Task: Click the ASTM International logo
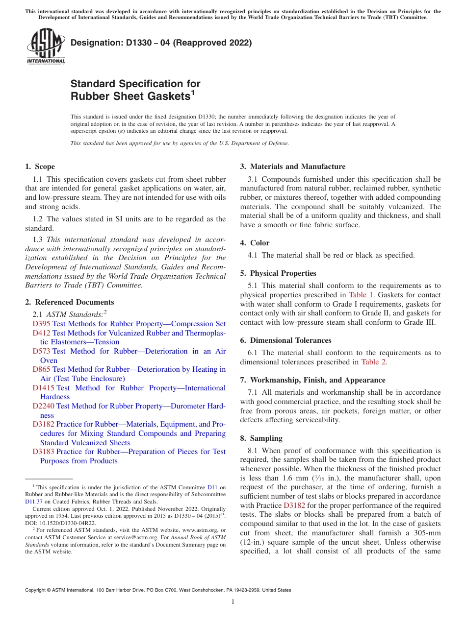click(x=46, y=47)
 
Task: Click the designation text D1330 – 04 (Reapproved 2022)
click(x=161, y=43)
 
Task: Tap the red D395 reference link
click(x=41, y=324)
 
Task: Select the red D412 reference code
click(x=41, y=333)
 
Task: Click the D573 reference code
click(x=41, y=351)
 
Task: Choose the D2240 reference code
click(x=43, y=406)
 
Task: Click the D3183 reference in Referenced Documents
click(x=43, y=452)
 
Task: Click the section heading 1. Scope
click(x=40, y=167)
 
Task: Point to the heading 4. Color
click(x=255, y=243)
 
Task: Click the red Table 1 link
click(x=361, y=295)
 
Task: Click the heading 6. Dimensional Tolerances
click(x=285, y=340)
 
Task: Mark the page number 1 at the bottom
click(x=233, y=602)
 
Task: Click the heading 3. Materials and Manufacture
click(x=292, y=167)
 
